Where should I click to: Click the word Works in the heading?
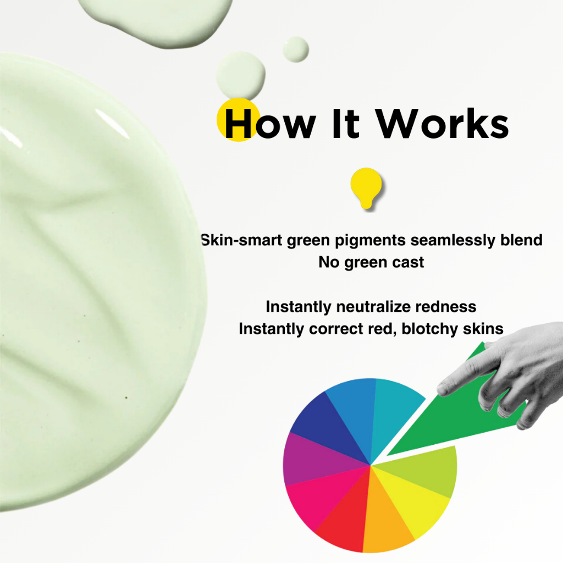442,123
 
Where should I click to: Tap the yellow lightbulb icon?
366,187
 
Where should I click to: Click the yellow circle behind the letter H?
238,119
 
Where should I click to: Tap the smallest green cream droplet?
296,49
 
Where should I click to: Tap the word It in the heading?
346,123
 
